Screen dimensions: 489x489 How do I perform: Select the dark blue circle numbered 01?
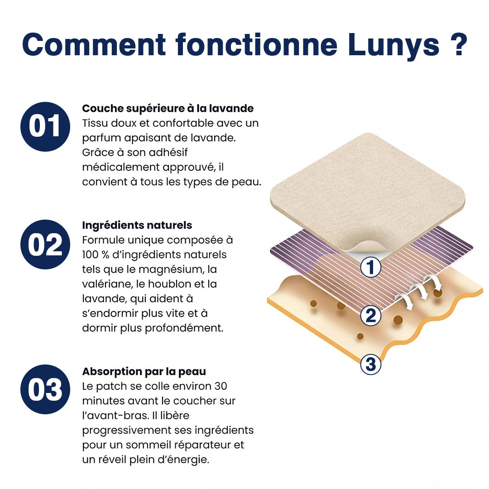pyautogui.click(x=45, y=126)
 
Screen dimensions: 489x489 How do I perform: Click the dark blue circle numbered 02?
pyautogui.click(x=45, y=244)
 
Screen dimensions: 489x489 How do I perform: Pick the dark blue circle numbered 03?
pyautogui.click(x=45, y=389)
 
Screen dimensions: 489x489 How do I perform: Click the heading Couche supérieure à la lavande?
pyautogui.click(x=168, y=109)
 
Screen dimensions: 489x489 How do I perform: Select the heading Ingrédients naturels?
pyautogui.click(x=137, y=225)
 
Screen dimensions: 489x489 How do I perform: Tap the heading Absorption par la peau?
pyautogui.click(x=144, y=372)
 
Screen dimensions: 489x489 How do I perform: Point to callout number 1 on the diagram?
pyautogui.click(x=371, y=268)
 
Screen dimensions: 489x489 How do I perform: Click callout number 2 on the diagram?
pyautogui.click(x=371, y=316)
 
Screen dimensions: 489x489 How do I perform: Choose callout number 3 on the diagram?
pyautogui.click(x=371, y=364)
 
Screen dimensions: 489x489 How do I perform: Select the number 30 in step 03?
pyautogui.click(x=220, y=386)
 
